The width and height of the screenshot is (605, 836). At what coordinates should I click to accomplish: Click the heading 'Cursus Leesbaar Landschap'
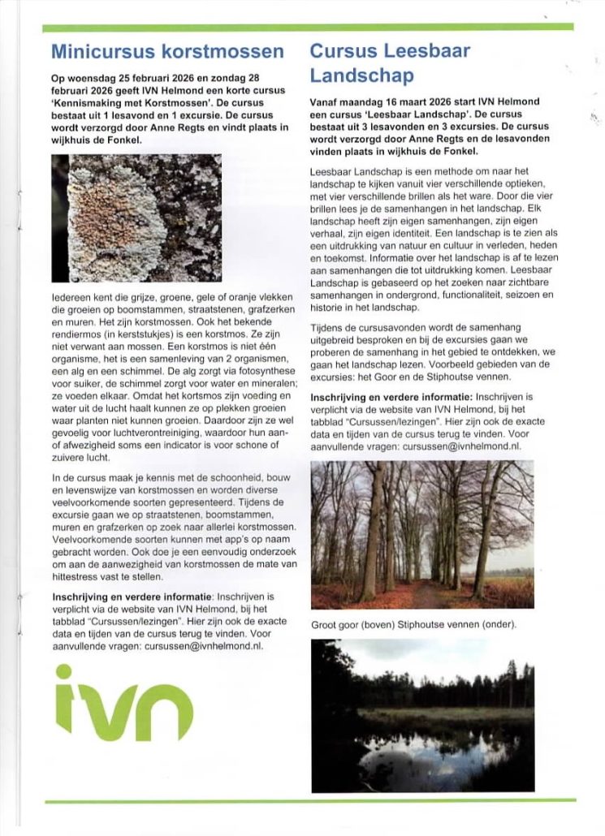click(x=390, y=63)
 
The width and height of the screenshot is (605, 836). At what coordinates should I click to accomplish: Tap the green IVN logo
click(x=124, y=703)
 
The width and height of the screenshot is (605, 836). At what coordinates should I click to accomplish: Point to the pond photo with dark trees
click(x=422, y=715)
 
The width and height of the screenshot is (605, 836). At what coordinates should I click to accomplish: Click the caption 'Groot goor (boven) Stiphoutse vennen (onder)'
click(x=413, y=625)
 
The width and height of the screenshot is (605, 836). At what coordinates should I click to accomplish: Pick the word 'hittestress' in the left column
click(x=76, y=577)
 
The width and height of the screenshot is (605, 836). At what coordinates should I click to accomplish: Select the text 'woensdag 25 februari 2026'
click(x=123, y=77)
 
